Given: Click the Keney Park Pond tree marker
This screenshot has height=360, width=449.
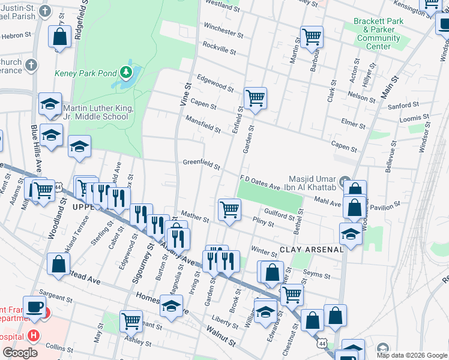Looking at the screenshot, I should pos(125,73).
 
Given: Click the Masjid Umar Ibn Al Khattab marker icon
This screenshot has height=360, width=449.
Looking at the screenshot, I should pos(344,181).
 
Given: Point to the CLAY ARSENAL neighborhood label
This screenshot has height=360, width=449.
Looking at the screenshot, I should pos(311,249).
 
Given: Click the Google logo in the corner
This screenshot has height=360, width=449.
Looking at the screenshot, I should pos(20,353).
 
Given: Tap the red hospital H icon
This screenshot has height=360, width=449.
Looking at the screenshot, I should pos(34,335).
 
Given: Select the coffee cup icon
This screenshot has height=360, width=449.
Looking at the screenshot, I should pos(35,306).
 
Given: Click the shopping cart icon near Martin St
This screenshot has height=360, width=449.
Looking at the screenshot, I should pos(312,37).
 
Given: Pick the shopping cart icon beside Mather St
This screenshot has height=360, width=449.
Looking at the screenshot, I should pos(229,209).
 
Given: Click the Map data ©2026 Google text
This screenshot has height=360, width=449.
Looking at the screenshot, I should pos(412,355).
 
